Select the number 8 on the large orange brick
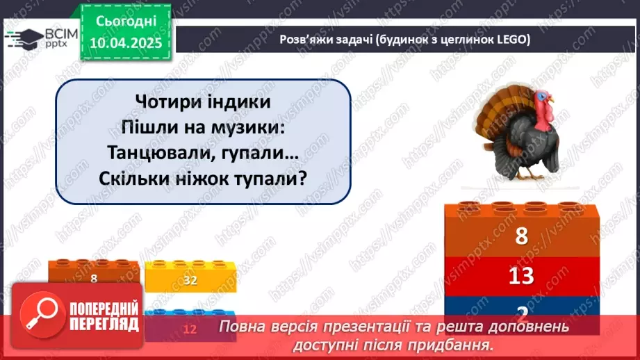click(521, 237)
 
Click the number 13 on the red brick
click(520, 276)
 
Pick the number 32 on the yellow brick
click(190, 281)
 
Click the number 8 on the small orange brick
click(93, 278)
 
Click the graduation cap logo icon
click(22, 38)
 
